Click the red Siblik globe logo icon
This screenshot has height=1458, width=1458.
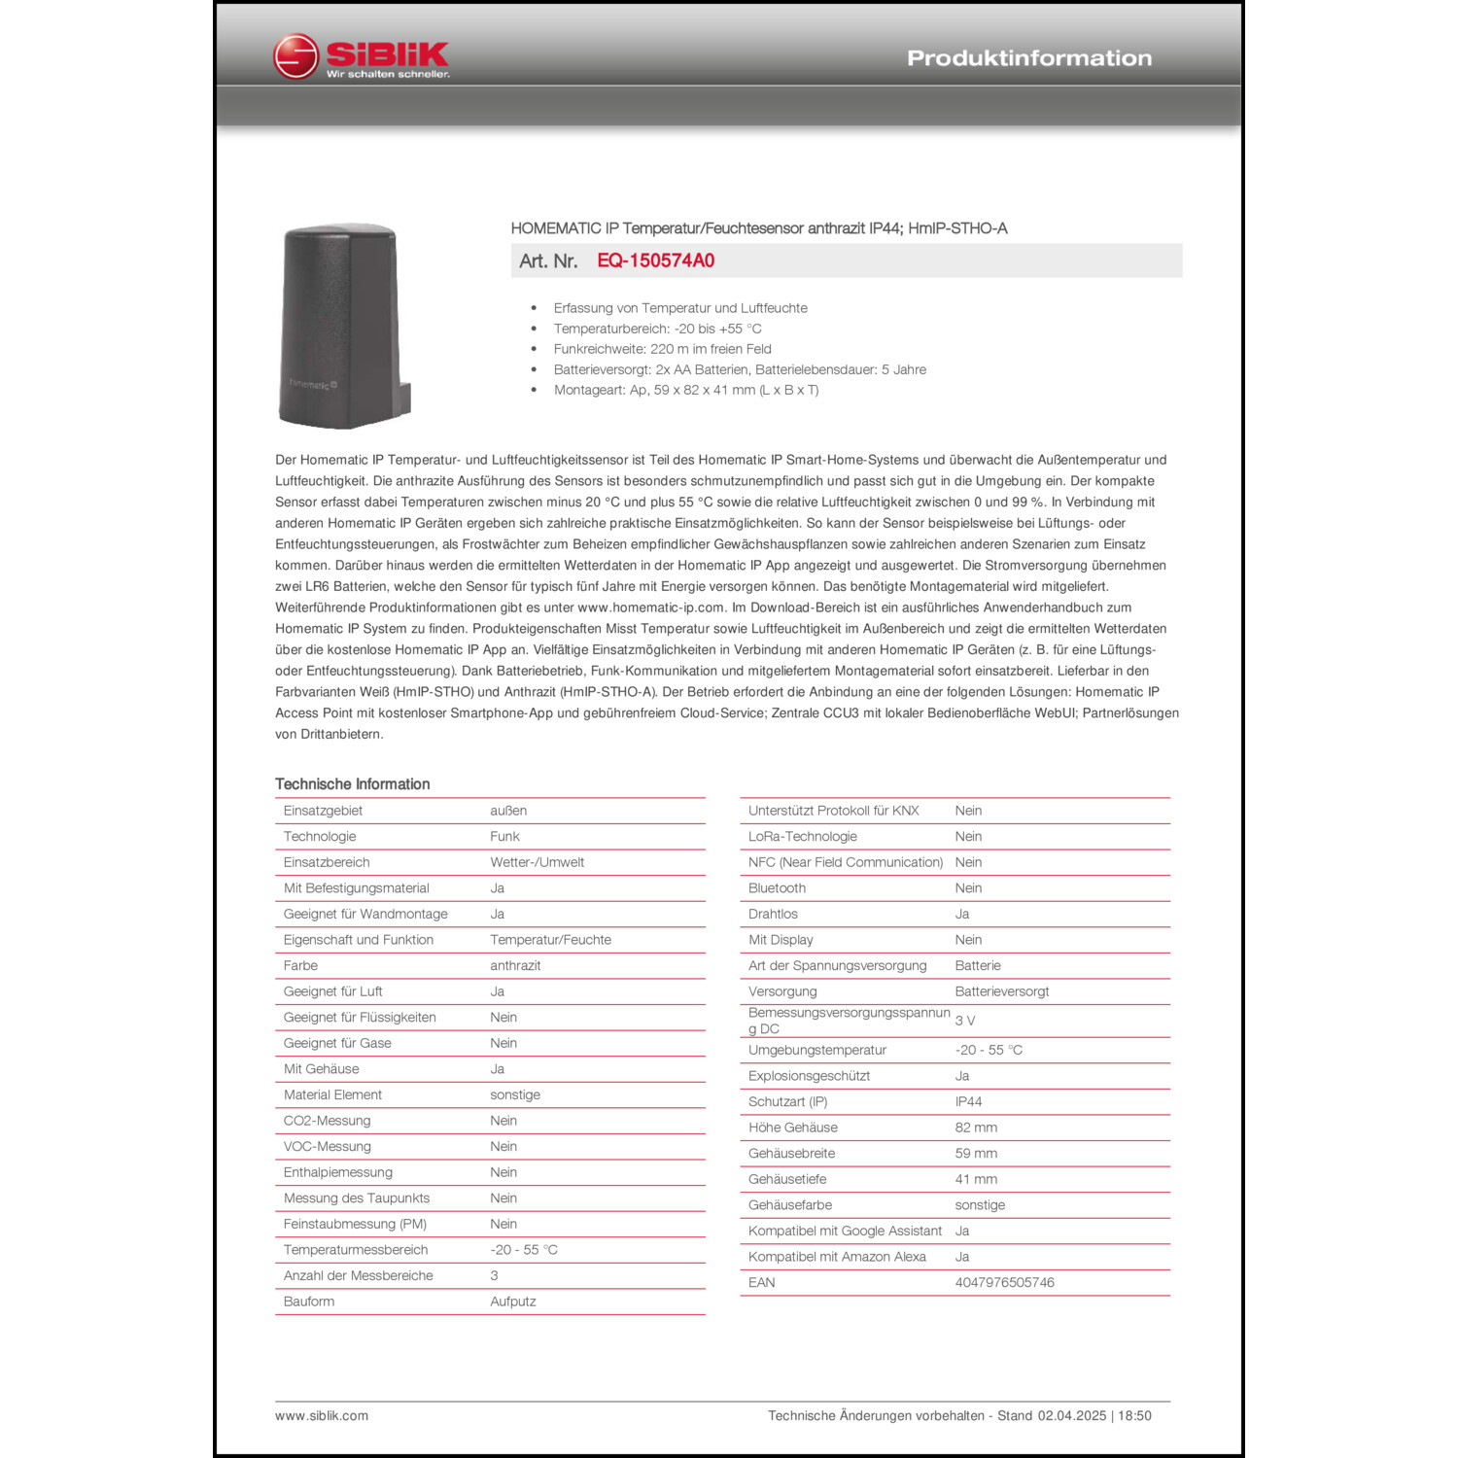[295, 57]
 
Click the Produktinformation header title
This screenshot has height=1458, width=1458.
[1028, 58]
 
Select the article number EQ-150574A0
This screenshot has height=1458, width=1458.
[655, 260]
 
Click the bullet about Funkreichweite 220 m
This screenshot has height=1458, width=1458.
[662, 349]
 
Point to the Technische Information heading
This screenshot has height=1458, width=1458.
[352, 784]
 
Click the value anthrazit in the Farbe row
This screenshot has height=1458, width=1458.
[515, 966]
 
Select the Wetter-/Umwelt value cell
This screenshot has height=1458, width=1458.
[537, 862]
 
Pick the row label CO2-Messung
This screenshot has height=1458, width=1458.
[327, 1121]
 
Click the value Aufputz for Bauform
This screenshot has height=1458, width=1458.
[512, 1302]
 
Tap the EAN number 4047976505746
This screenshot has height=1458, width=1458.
[1004, 1283]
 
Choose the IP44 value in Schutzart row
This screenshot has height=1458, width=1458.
[968, 1102]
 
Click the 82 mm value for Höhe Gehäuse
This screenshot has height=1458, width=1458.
[976, 1128]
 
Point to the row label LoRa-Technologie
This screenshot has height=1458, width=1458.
[802, 837]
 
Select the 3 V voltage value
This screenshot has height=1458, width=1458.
[964, 1021]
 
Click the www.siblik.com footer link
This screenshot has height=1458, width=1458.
[322, 1416]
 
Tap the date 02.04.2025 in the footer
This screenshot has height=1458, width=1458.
[1071, 1416]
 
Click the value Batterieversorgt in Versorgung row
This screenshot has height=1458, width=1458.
[1001, 991]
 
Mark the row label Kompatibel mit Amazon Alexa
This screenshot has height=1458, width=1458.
[837, 1257]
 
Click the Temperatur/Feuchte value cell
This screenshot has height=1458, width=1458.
[550, 940]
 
